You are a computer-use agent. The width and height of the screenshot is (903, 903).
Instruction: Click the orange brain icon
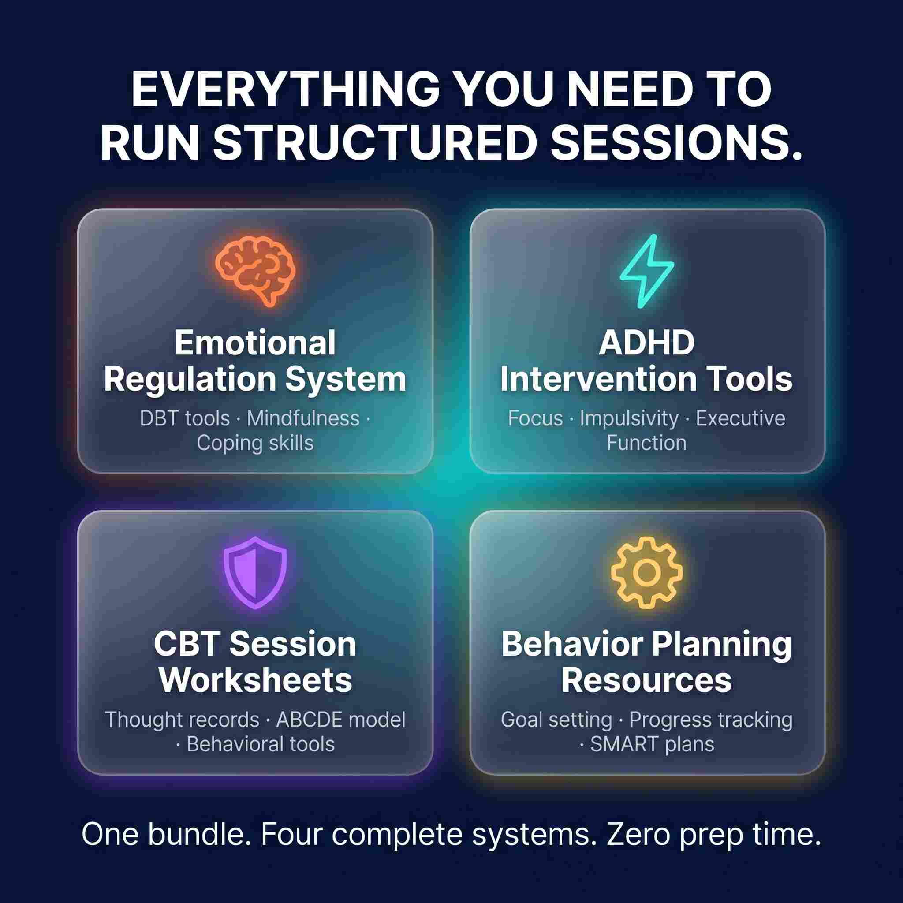pyautogui.click(x=255, y=271)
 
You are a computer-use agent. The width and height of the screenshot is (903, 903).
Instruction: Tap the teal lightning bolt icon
pyautogui.click(x=647, y=271)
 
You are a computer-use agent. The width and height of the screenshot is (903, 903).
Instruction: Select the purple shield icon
pyautogui.click(x=255, y=573)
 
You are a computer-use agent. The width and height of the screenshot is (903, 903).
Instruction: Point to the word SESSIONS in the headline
pyautogui.click(x=676, y=142)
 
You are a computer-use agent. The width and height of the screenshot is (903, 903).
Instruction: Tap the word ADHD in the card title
pyautogui.click(x=647, y=343)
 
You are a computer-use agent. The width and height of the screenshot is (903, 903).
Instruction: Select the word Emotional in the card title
pyautogui.click(x=255, y=343)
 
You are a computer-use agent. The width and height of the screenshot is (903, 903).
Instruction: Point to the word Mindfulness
pyautogui.click(x=303, y=418)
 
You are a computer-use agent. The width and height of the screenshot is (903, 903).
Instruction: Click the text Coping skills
pyautogui.click(x=255, y=443)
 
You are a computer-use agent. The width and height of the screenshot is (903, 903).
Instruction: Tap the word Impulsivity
pyautogui.click(x=629, y=419)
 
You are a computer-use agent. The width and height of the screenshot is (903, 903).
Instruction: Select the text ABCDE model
pyautogui.click(x=341, y=720)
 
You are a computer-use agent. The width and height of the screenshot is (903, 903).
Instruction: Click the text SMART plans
pyautogui.click(x=653, y=744)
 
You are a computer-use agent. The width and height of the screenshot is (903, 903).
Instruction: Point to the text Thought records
pyautogui.click(x=182, y=720)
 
